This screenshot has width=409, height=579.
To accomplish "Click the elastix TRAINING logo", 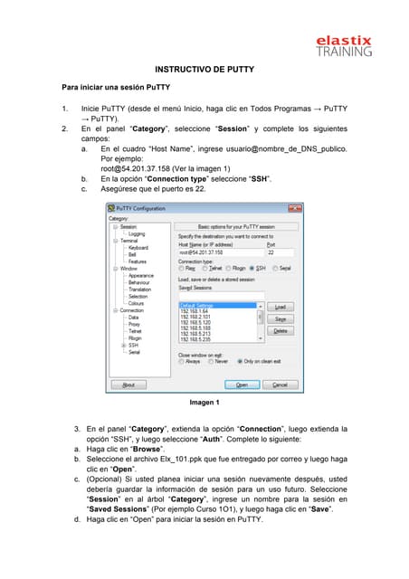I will pos(343,44).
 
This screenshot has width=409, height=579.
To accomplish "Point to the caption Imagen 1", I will pos(204,402).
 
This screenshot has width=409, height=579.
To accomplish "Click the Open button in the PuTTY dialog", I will pos(242,384).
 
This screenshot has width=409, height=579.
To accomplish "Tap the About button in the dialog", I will pos(128,384).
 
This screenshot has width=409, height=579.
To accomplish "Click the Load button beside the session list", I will pos(280,307).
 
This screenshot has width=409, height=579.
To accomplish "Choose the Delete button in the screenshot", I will pos(280,331).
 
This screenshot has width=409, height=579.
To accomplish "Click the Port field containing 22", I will pos(280,252).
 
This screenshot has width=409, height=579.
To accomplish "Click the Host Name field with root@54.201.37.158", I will pos(220,252).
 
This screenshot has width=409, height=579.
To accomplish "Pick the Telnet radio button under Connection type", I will pos(206,268).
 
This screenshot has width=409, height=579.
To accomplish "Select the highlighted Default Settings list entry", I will pos(217,305).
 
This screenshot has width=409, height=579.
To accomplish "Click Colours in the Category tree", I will pos(137,303).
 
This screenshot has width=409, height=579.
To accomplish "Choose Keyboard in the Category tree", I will pos(138,247).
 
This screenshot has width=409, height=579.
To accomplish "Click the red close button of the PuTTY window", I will pos(290,209).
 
